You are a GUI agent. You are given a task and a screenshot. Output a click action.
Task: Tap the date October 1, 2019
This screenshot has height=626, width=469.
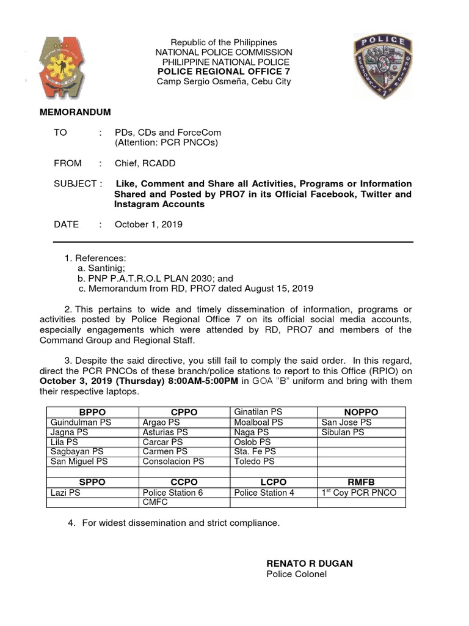point(148,224)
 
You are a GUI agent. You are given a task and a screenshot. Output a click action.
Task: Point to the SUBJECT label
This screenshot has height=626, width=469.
point(75,184)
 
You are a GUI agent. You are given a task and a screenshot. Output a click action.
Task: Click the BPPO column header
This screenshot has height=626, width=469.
point(93,412)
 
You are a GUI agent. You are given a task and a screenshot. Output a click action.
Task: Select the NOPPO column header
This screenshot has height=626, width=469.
point(362,412)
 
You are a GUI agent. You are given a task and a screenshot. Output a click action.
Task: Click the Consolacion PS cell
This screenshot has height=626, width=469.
point(173,462)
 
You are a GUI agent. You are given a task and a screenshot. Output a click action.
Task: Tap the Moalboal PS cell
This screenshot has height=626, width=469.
point(258,422)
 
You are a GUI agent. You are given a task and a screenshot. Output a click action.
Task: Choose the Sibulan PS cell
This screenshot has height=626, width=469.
point(343,432)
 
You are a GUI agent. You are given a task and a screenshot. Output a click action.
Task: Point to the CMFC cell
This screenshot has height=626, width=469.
point(155,502)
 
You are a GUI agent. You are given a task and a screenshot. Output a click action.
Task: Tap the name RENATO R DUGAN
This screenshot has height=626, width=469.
point(310,562)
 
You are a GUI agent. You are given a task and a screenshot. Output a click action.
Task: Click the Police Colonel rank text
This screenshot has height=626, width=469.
point(296,573)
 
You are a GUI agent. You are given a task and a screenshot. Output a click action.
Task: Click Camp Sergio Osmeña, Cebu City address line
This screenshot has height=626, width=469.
point(224,81)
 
